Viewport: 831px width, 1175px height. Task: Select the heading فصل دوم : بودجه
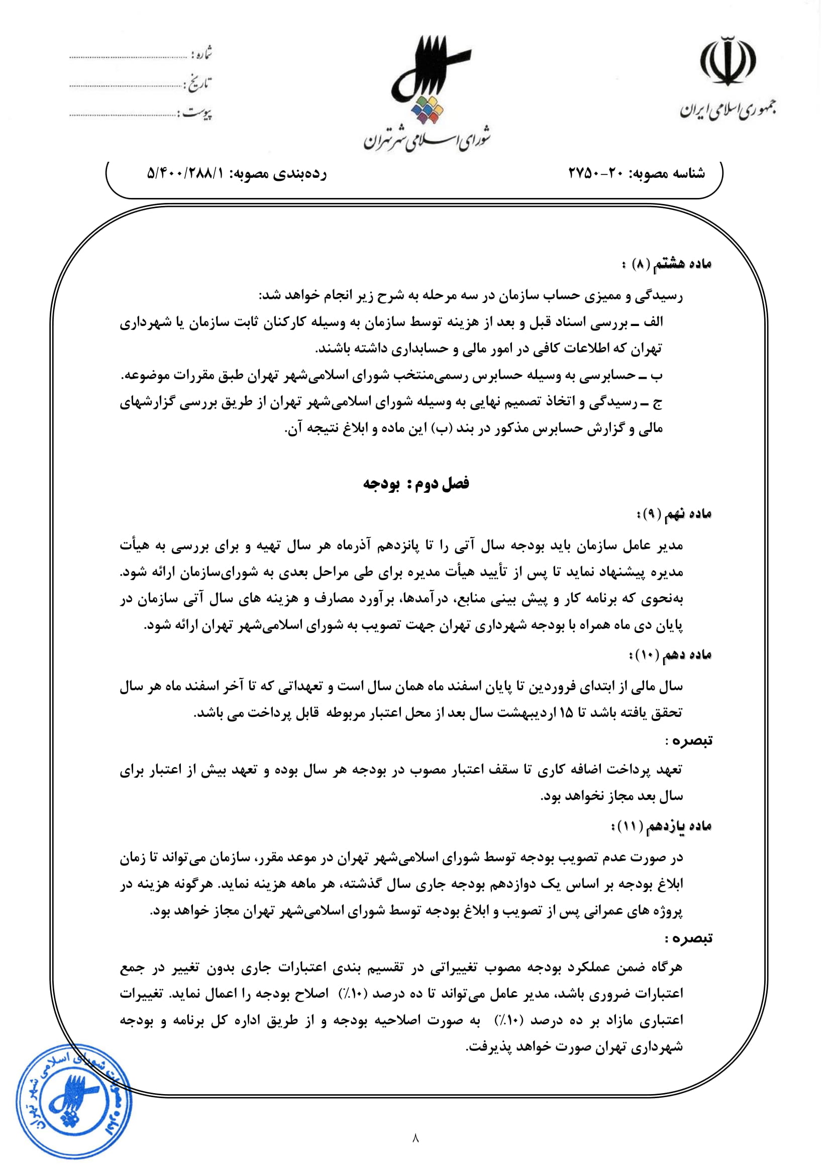pyautogui.click(x=415, y=483)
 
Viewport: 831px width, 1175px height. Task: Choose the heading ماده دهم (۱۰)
pyautogui.click(x=670, y=656)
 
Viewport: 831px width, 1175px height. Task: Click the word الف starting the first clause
pyautogui.click(x=654, y=322)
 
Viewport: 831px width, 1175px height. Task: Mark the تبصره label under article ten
pyautogui.click(x=689, y=740)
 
